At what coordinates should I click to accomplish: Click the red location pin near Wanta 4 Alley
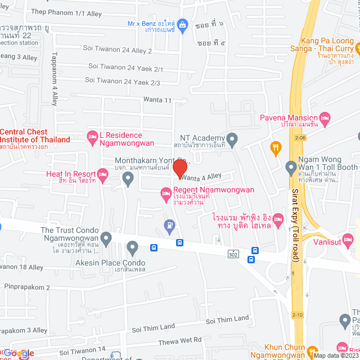pos(179,169)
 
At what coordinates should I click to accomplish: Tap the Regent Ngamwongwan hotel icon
pos(166,193)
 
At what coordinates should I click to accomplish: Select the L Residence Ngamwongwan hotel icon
pos(92,136)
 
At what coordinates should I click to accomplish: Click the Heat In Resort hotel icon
pos(102,177)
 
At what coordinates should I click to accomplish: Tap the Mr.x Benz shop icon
pos(182,25)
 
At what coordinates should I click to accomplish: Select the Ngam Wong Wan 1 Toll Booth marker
pos(291,167)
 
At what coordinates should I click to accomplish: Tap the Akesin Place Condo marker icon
pos(133,247)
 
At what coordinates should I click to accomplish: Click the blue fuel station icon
pos(169,226)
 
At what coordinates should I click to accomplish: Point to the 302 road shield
pos(233,255)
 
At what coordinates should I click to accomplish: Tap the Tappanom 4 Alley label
pos(55,79)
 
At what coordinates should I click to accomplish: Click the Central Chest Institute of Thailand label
pos(35,136)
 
